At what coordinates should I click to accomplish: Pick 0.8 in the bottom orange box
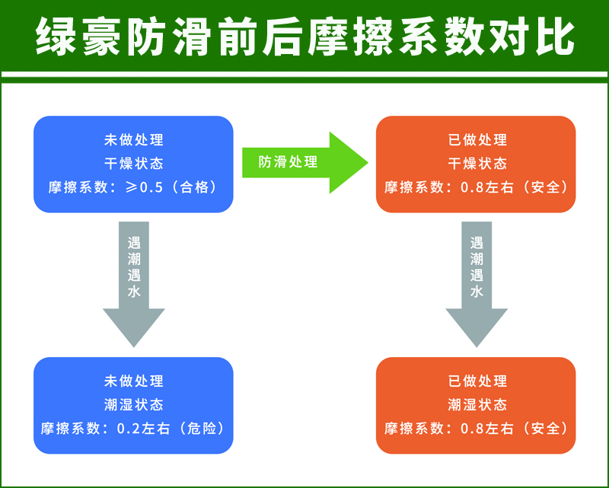(470, 428)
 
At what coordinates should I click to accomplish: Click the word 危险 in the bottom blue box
(204, 428)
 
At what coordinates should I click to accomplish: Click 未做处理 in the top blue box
(134, 140)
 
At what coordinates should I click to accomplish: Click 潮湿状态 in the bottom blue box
(134, 404)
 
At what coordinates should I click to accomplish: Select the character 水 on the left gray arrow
(134, 292)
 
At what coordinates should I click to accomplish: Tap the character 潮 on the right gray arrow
(477, 260)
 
